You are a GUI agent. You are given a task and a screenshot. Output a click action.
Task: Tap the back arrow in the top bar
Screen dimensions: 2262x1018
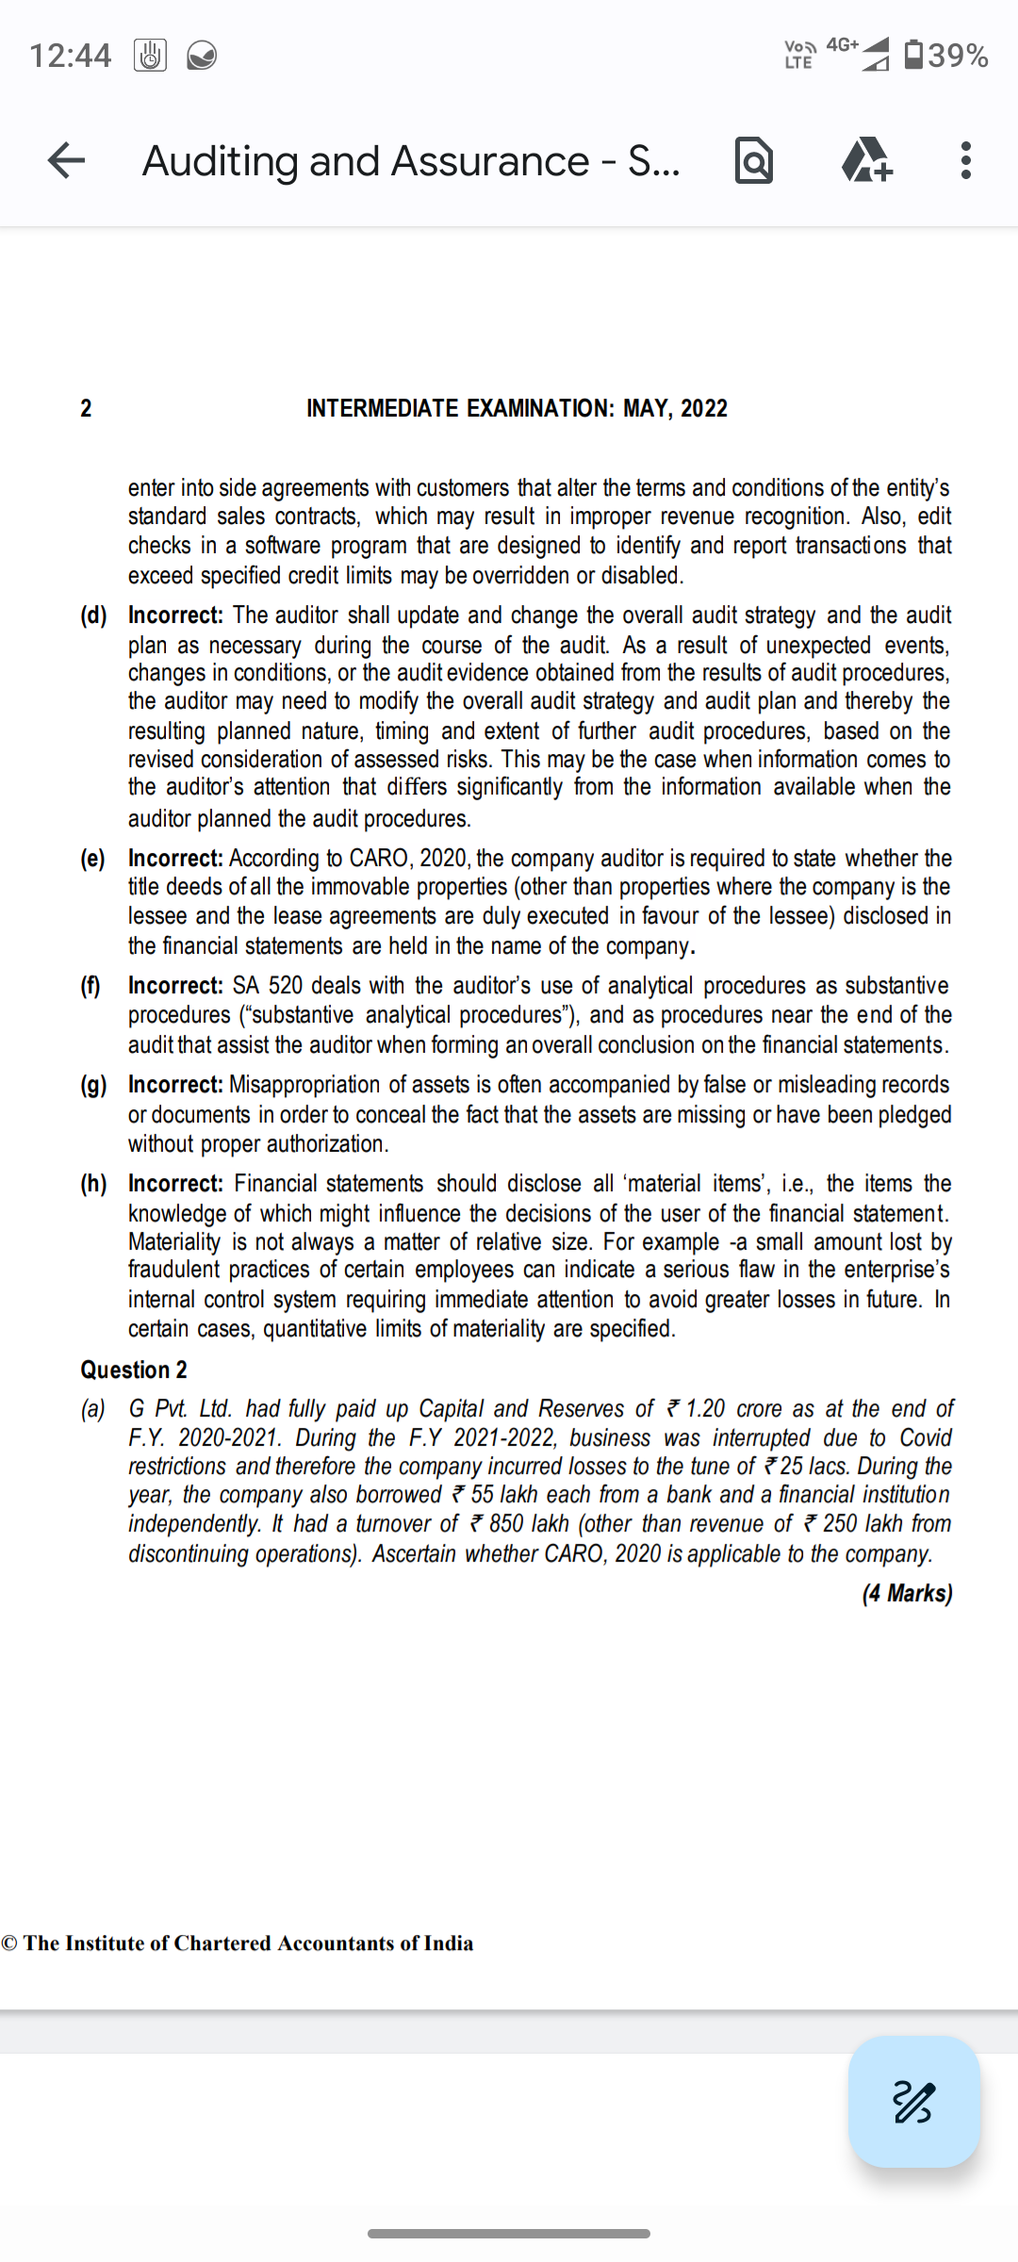(66, 160)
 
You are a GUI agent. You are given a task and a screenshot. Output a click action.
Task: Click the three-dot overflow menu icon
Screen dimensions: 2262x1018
(964, 160)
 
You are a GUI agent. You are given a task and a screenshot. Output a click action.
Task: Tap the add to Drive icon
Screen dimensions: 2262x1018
(866, 160)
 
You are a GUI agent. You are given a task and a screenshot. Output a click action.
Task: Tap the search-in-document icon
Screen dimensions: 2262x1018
(754, 160)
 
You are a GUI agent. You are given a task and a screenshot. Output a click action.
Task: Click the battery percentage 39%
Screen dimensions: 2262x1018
(958, 56)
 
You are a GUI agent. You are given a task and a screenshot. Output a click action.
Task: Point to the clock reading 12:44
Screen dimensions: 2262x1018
(71, 56)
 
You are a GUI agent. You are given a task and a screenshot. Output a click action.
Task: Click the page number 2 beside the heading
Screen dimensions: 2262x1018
(86, 408)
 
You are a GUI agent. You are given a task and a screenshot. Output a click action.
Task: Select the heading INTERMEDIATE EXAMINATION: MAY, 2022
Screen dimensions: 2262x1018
(517, 408)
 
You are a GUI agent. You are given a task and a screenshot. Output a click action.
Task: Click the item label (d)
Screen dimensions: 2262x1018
(93, 615)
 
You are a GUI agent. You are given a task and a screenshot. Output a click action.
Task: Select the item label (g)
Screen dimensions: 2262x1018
(93, 1085)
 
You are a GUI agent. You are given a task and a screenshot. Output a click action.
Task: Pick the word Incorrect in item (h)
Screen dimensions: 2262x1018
(175, 1184)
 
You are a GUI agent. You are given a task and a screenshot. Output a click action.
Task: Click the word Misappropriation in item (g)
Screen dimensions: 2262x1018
(305, 1085)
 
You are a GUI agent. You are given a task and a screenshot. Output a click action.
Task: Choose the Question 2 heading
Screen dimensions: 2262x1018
(134, 1369)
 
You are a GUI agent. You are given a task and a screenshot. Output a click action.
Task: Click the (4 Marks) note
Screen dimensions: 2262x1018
(907, 1593)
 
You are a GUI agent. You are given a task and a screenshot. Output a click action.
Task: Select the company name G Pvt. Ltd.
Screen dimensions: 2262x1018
(180, 1409)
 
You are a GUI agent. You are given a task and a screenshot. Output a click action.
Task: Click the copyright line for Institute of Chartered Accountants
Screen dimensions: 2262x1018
(238, 1943)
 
